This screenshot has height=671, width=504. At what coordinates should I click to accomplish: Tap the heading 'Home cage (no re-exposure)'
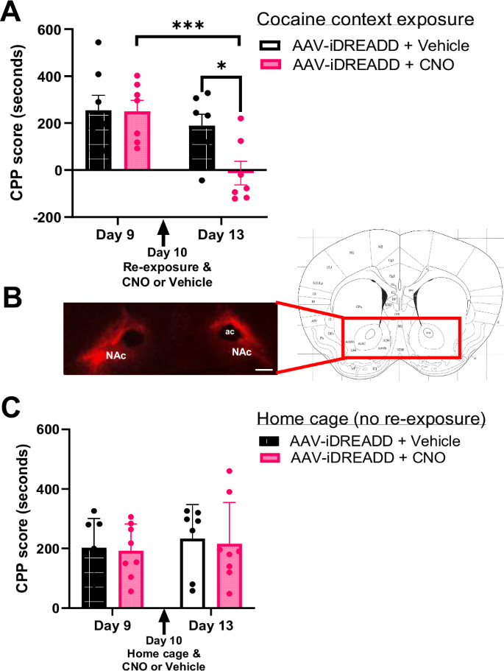click(x=372, y=418)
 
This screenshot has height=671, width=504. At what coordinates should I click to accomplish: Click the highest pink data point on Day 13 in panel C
click(x=230, y=471)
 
